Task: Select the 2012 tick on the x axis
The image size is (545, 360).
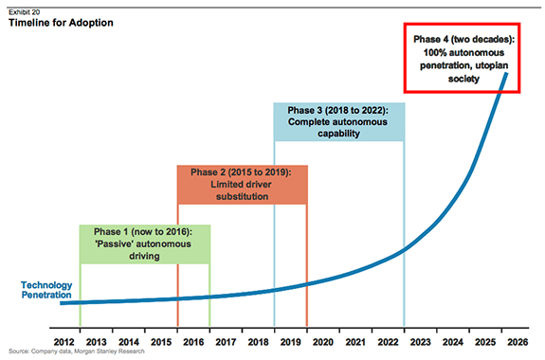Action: (64, 341)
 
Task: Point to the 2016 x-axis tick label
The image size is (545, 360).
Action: (192, 341)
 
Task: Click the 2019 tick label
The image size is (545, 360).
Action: (290, 341)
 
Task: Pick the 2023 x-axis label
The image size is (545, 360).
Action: (420, 341)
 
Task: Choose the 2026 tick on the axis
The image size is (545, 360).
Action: (517, 341)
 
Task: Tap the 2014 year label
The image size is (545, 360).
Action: (128, 341)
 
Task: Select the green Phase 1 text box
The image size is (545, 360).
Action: (144, 243)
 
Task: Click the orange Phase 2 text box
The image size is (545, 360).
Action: (242, 184)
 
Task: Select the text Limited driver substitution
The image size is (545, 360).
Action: (242, 190)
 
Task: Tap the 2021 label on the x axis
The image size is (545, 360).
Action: (354, 341)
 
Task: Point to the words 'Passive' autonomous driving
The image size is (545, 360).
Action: (144, 249)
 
